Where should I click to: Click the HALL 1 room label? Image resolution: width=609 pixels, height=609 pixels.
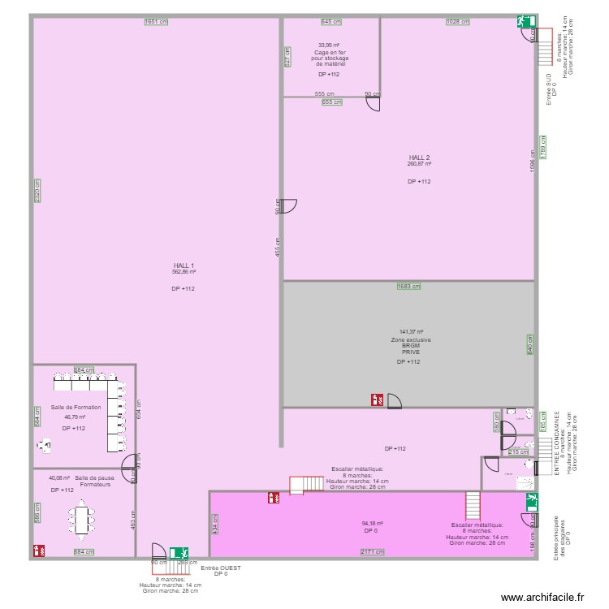(x=184, y=266)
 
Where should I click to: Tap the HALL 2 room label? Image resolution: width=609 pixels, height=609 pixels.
(x=419, y=158)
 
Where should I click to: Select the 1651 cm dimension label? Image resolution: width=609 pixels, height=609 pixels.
(x=156, y=22)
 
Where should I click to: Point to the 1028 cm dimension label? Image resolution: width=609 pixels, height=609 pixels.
(x=458, y=22)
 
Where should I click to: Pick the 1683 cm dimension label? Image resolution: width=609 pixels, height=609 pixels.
(x=408, y=286)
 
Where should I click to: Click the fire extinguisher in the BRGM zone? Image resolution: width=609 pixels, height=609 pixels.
(x=377, y=400)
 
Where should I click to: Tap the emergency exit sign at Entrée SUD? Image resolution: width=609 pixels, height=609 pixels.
(x=520, y=23)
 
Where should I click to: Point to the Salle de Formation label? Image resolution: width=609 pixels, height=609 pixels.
(x=76, y=408)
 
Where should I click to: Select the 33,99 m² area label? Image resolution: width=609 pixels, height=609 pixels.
(x=329, y=45)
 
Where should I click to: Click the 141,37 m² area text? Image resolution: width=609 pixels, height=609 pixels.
(x=411, y=332)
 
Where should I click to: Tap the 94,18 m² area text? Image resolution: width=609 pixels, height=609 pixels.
(x=373, y=524)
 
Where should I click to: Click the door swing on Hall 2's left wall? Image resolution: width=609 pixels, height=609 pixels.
(x=290, y=206)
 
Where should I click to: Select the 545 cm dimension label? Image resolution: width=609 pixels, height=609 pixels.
(x=331, y=22)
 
